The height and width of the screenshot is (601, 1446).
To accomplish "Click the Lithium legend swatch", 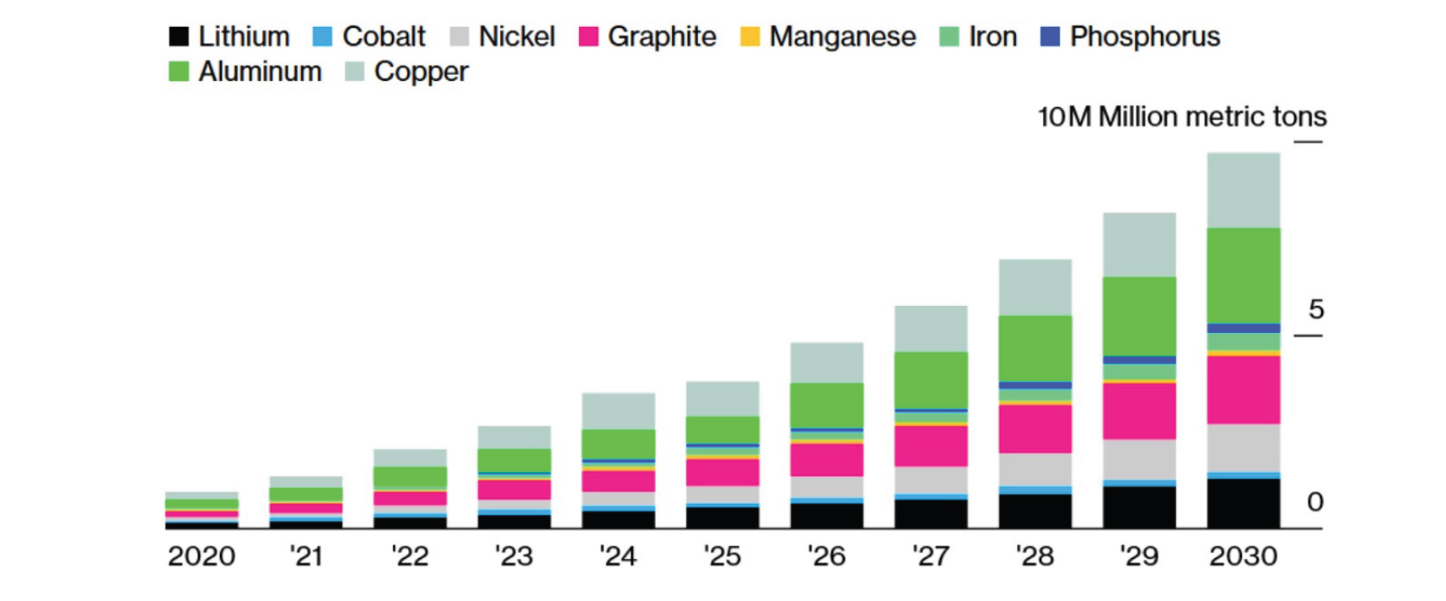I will coord(178,36).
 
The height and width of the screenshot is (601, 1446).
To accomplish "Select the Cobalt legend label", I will coord(384,36).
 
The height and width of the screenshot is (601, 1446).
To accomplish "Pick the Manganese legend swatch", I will coord(750,36).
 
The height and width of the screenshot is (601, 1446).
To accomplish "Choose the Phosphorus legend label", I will coord(1144,36).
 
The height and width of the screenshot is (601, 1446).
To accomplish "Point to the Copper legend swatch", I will coord(355,72).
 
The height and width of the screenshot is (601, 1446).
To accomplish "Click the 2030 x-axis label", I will coord(1243,556).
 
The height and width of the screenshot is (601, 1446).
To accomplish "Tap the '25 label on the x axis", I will coord(722,556).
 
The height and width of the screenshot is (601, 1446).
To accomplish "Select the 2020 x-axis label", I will coord(202,556).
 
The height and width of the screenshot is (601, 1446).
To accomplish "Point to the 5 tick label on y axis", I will coord(1315,309).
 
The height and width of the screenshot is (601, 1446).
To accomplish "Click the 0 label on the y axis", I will coord(1314,502).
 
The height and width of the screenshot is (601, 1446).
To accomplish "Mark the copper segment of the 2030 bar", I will coord(1243,190).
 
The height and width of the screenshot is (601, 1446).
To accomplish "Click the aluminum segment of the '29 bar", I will coord(1139,316).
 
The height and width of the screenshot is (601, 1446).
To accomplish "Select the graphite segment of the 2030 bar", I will coord(1243,389).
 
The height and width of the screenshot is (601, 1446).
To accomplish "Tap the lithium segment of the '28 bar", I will coord(1035,511).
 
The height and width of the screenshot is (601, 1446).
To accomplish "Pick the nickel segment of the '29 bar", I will coord(1139,459).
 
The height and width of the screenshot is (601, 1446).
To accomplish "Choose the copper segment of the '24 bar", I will coord(618,411).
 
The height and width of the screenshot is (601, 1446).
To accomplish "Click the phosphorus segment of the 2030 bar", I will coord(1243,328).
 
